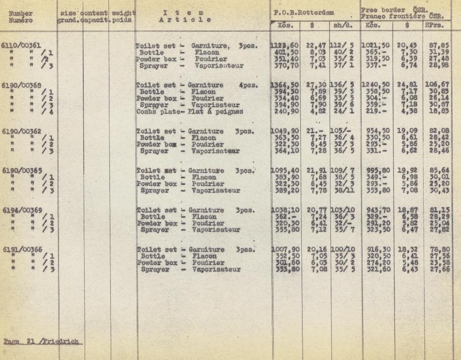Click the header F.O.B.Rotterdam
click(304, 13)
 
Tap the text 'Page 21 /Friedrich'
click(44, 341)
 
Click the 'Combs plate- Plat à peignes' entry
click(190, 111)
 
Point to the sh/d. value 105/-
click(340, 132)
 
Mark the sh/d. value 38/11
click(342, 191)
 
